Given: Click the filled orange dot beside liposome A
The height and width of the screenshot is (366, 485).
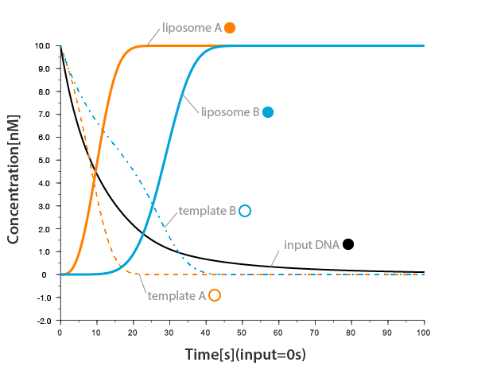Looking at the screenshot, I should (x=230, y=28).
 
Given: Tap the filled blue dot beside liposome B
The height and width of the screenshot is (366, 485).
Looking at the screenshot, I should (x=268, y=112).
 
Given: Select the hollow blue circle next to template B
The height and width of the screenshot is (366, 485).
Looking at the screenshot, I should (x=245, y=211).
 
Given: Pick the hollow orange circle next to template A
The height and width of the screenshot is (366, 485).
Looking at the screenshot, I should (x=214, y=295).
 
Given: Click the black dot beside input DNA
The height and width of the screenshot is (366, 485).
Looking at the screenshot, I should (x=348, y=244).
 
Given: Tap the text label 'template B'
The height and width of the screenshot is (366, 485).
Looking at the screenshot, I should (x=207, y=211).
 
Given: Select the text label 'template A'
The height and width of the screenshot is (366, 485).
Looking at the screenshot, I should (x=177, y=295).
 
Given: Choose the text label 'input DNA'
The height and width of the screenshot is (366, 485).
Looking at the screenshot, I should (x=312, y=245).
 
